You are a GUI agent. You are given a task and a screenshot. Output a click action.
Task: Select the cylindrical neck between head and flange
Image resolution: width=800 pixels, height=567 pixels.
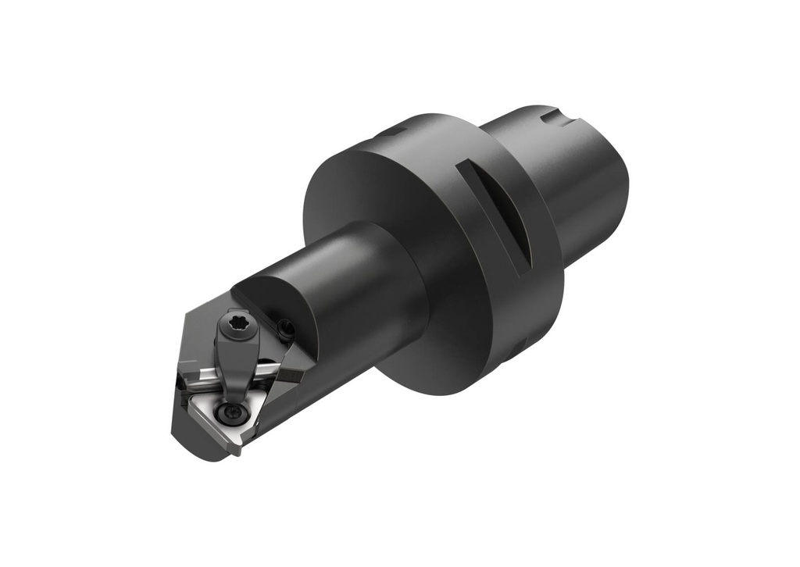coord(367,289)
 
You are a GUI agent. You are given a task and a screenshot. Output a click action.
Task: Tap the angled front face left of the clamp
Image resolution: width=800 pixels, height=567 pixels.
coord(191,344)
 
